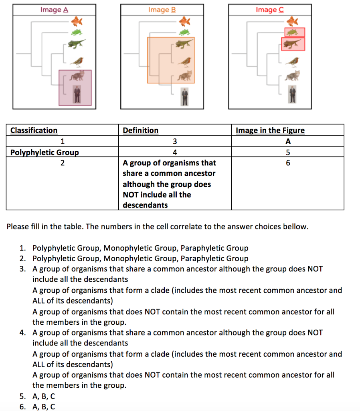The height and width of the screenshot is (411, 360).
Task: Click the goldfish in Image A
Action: tap(76, 20)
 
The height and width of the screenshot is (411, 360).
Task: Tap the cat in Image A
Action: tap(76, 76)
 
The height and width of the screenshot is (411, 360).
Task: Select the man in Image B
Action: tap(184, 96)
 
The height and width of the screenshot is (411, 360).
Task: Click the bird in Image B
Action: tap(185, 61)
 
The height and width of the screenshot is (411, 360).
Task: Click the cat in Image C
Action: tap(293, 75)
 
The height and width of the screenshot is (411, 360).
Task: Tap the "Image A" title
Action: tap(51, 10)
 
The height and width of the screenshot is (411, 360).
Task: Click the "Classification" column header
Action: tap(34, 130)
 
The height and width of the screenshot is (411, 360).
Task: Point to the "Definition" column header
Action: tap(140, 130)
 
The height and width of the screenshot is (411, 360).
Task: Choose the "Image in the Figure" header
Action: tap(270, 130)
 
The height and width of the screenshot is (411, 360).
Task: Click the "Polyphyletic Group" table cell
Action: tap(44, 152)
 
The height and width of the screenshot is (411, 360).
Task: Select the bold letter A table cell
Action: tap(287, 141)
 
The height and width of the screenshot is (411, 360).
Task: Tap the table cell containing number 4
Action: tap(174, 152)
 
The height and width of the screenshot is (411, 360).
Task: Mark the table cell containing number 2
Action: tap(62, 163)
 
